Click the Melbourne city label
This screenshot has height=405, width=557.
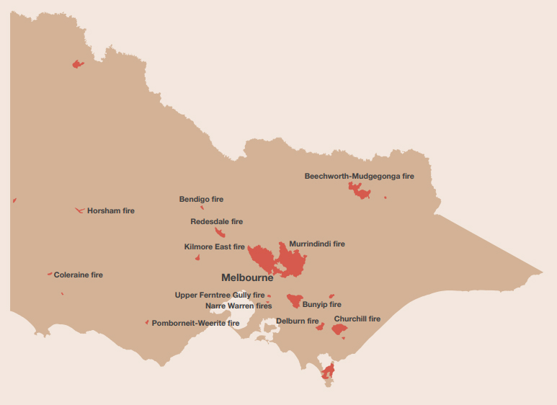pyautogui.click(x=247, y=277)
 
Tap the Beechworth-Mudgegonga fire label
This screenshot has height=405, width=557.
pyautogui.click(x=359, y=176)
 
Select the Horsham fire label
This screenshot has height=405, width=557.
pyautogui.click(x=110, y=211)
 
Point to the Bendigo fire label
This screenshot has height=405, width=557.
pyautogui.click(x=201, y=199)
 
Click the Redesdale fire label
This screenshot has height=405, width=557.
pyautogui.click(x=216, y=222)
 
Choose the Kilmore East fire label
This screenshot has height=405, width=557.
pyautogui.click(x=214, y=247)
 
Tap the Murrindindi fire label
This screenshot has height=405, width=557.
pyautogui.click(x=316, y=244)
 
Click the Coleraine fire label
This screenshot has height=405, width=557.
pyautogui.click(x=78, y=275)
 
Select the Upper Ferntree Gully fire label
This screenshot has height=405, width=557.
pyautogui.click(x=219, y=295)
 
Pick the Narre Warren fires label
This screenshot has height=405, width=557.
pyautogui.click(x=239, y=306)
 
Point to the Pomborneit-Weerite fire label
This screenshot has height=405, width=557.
pyautogui.click(x=195, y=324)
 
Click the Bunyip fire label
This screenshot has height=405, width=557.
pyautogui.click(x=321, y=305)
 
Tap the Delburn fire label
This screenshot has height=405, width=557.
pyautogui.click(x=297, y=321)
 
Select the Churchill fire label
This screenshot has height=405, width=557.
pyautogui.click(x=357, y=319)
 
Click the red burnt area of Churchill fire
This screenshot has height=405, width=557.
pyautogui.click(x=339, y=329)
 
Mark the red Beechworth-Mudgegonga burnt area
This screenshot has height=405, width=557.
pyautogui.click(x=359, y=191)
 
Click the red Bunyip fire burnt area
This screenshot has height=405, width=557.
pyautogui.click(x=294, y=300)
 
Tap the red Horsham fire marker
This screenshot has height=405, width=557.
pyautogui.click(x=79, y=210)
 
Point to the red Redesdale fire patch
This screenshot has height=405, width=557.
pyautogui.click(x=220, y=232)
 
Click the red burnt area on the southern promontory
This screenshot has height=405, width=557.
pyautogui.click(x=329, y=371)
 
